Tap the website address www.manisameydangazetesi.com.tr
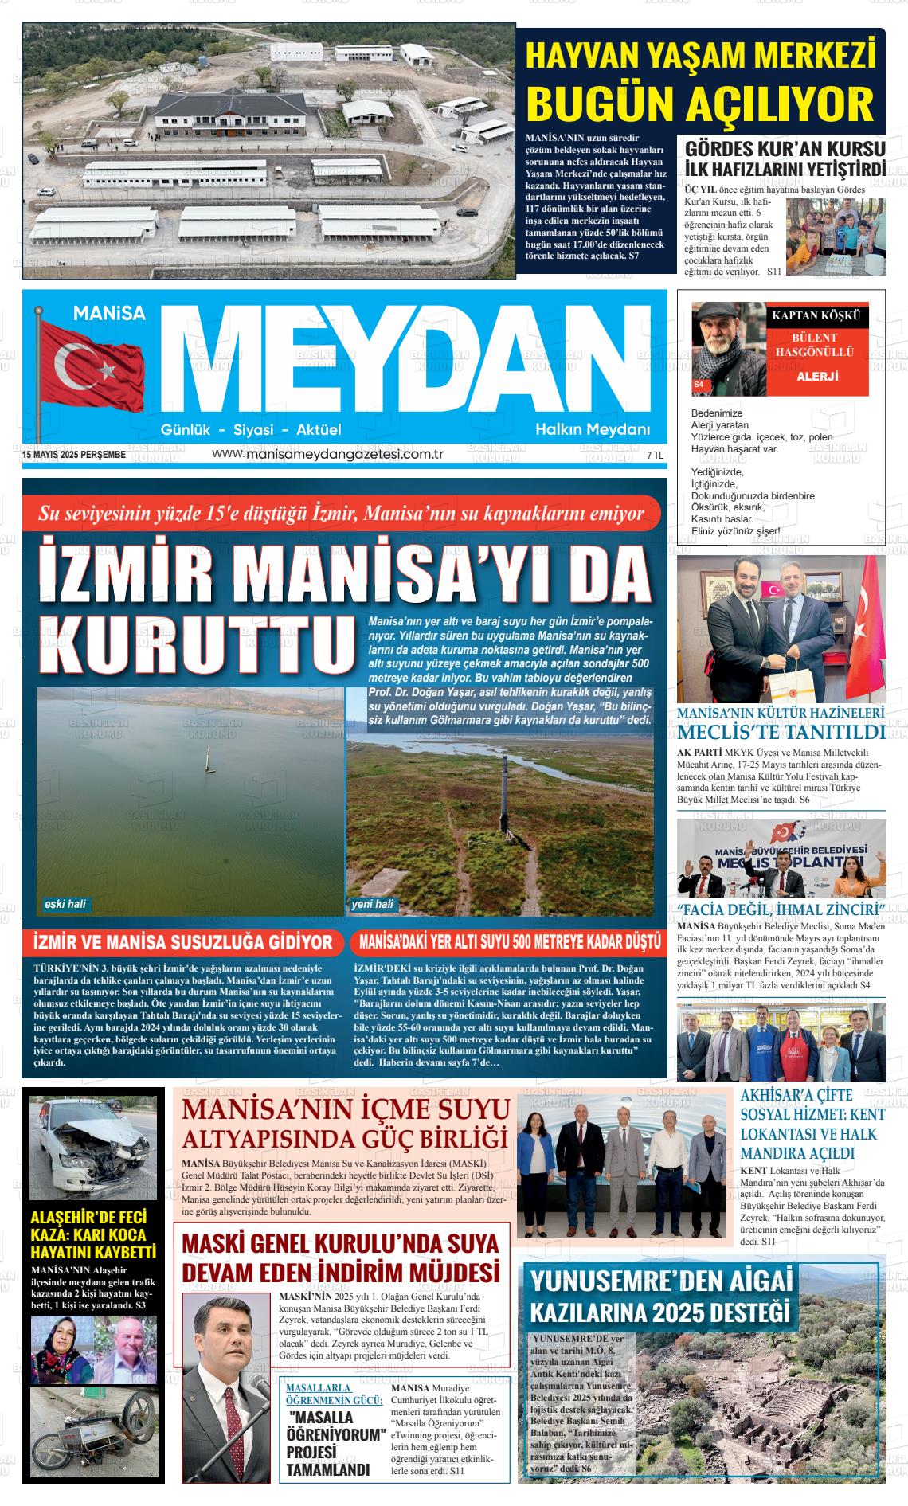327,454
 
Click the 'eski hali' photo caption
66,904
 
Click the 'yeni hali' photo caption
373,904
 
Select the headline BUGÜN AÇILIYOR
701,104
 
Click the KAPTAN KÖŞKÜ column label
816,315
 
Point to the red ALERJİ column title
817,377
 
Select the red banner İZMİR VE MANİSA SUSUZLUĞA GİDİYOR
183,943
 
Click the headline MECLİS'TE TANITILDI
781,733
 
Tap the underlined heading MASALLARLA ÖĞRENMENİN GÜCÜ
335,1393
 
